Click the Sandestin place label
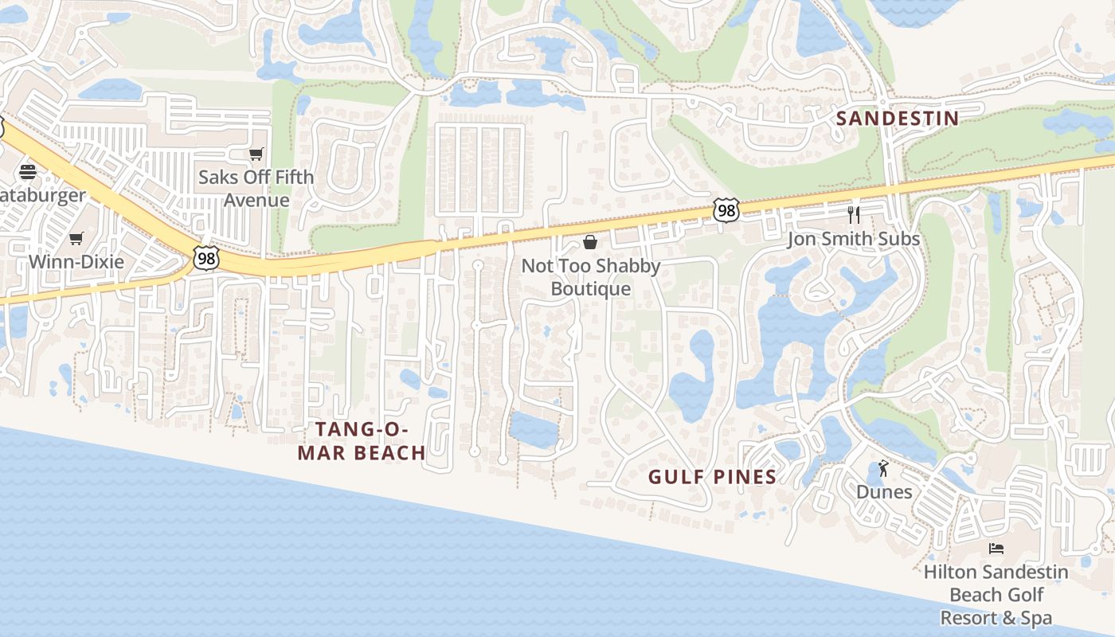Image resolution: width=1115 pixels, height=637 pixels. (x=897, y=119)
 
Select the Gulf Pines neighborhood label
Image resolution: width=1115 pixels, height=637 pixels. (x=712, y=477)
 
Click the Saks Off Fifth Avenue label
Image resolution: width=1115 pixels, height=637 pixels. (x=256, y=188)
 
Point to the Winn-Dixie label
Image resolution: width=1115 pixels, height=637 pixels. (x=76, y=261)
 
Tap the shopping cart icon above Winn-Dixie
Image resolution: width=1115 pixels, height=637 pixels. (x=76, y=238)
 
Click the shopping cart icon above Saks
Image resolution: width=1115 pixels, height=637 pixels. (x=256, y=154)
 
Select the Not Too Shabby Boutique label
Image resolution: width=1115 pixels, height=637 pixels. (x=590, y=277)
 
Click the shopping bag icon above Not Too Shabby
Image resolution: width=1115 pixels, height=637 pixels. (x=590, y=242)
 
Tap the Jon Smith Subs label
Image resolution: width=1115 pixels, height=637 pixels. (x=853, y=239)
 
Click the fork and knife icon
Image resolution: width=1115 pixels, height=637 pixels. (x=854, y=214)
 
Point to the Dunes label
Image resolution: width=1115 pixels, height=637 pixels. (x=884, y=491)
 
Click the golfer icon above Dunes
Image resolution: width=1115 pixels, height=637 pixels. (x=883, y=468)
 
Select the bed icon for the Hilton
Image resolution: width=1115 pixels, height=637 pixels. (x=996, y=548)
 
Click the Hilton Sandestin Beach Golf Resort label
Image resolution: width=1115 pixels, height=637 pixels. (x=996, y=594)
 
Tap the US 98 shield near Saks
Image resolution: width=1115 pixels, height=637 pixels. (x=205, y=257)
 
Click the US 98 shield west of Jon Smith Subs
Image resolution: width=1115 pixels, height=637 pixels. (x=726, y=209)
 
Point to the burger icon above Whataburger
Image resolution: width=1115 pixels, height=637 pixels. (x=28, y=171)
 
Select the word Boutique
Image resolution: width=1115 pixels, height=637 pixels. (x=590, y=289)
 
